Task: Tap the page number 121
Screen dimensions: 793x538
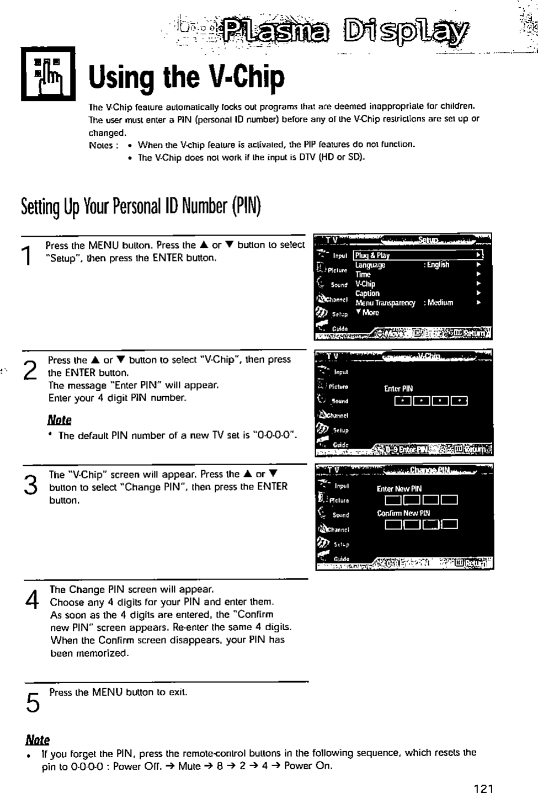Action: (x=484, y=788)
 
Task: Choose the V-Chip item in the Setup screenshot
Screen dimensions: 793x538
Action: (x=365, y=284)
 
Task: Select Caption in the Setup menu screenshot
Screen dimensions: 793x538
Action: (x=367, y=293)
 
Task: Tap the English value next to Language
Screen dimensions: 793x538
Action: (x=437, y=265)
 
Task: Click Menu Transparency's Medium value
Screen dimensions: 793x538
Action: (x=440, y=302)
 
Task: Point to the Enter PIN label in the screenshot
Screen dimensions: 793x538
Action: (x=398, y=388)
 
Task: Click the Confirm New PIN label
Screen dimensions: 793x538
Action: (x=403, y=513)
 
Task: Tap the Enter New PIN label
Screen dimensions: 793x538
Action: (x=399, y=488)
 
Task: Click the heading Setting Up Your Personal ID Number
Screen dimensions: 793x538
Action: (x=141, y=206)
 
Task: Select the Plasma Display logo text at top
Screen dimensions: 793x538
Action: (x=344, y=32)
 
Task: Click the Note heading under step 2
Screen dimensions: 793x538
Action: (x=59, y=420)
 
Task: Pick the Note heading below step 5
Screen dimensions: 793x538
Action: (x=38, y=740)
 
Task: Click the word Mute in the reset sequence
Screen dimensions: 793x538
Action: (x=189, y=766)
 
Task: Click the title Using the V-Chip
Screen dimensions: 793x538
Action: (x=187, y=78)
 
